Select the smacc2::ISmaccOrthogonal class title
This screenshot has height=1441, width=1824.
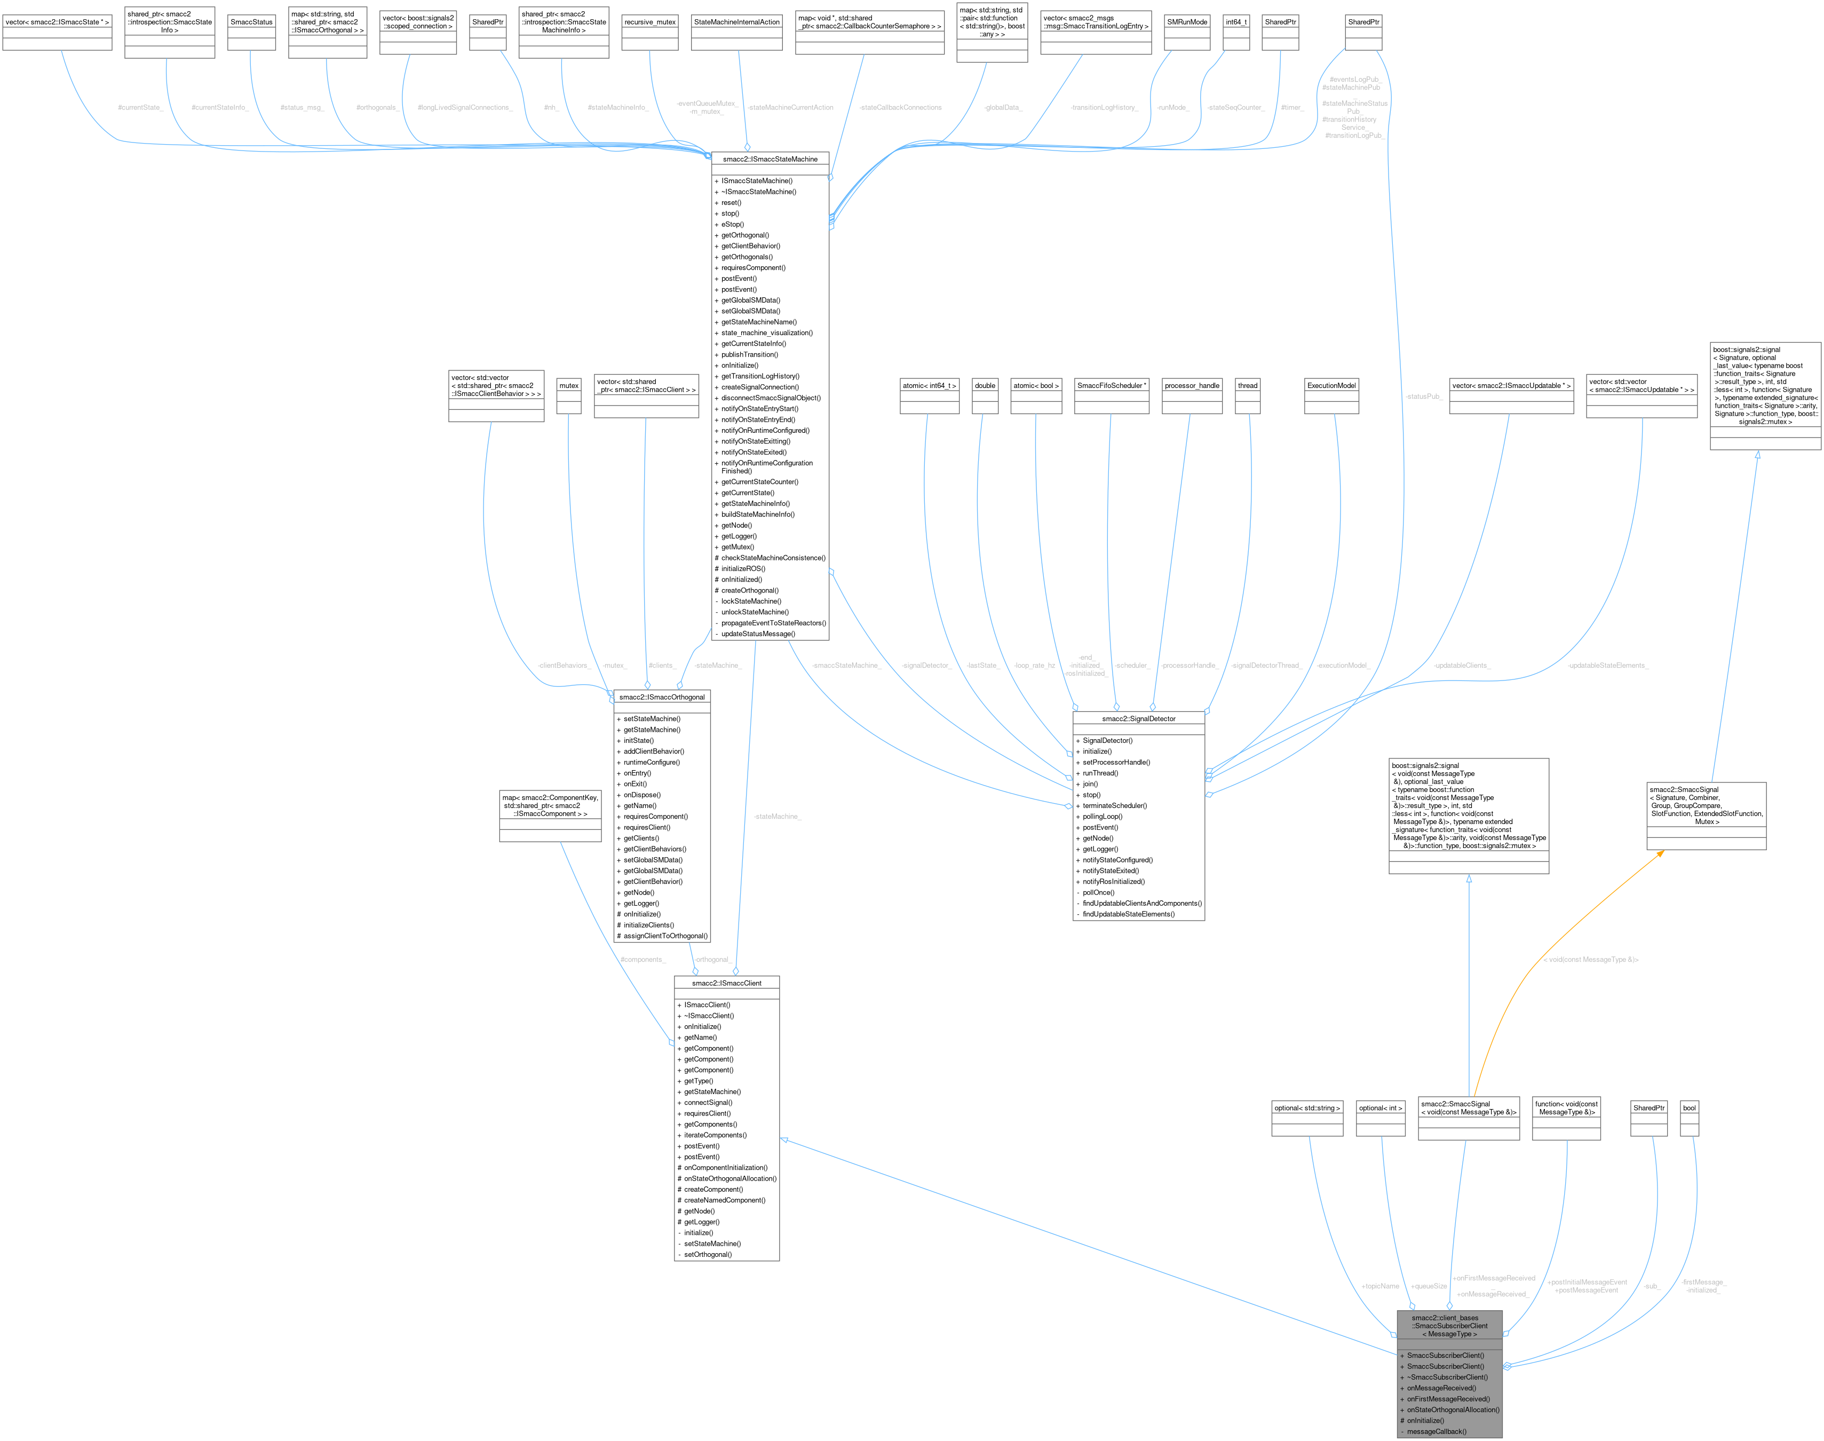(x=661, y=697)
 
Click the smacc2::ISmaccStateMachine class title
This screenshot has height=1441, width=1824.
(x=770, y=159)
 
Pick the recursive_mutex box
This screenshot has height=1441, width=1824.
(x=649, y=22)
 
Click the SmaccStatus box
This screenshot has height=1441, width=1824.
(x=251, y=22)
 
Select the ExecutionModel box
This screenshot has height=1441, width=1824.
(x=1331, y=385)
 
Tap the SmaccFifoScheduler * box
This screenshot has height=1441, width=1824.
(x=1111, y=385)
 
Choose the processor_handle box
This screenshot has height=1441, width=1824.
(x=1191, y=385)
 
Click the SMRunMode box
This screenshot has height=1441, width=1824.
(x=1187, y=22)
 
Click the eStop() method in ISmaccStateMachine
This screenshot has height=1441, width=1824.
(x=732, y=224)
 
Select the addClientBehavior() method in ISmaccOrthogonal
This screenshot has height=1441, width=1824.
(x=654, y=751)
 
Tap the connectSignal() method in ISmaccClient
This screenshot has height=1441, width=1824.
(x=708, y=1103)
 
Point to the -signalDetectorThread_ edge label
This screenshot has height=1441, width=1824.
(x=1266, y=666)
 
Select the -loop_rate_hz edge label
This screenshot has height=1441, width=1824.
(x=1034, y=666)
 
